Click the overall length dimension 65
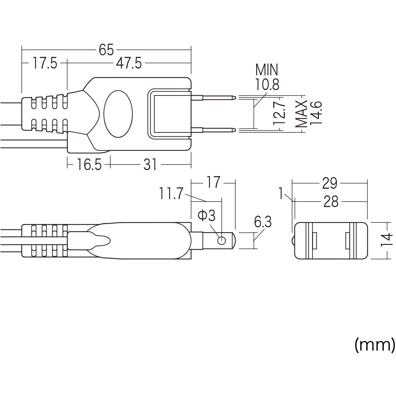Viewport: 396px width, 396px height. point(106,50)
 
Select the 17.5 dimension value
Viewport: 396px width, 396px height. point(45,64)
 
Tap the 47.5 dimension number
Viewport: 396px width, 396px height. point(129,64)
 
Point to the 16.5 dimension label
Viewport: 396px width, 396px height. point(89,165)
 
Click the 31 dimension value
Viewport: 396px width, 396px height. point(150,165)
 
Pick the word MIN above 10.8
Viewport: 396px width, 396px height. point(266,69)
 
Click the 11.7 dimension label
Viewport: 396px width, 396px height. point(171,194)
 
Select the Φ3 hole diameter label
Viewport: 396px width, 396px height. point(206,216)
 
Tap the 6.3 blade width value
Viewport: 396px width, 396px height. point(263,222)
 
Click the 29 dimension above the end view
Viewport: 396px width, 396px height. point(329,183)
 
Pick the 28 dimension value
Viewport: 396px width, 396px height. point(331,202)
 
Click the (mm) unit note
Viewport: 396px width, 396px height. point(374,345)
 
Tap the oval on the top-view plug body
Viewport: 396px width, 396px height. point(118,114)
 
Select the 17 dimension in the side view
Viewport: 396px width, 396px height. point(213,183)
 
